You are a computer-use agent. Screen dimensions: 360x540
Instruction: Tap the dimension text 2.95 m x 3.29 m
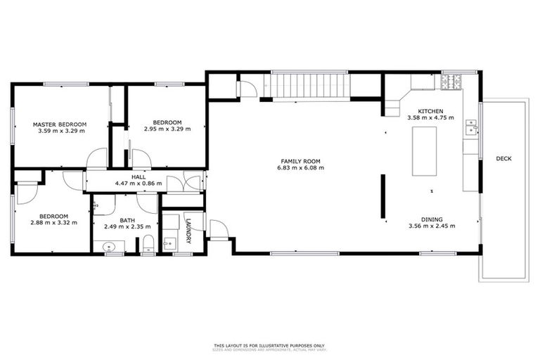point(167,129)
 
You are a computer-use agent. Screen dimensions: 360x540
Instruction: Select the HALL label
point(139,176)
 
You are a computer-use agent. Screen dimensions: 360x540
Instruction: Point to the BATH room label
point(127,220)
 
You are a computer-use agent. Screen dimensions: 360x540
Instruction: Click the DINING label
point(432,219)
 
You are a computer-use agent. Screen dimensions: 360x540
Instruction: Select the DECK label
point(503,159)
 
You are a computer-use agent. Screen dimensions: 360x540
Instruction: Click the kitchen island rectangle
point(424,153)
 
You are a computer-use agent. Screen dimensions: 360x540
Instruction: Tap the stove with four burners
point(451,82)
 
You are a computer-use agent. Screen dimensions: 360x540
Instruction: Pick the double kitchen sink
point(470,127)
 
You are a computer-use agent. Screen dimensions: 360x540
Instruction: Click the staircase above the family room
point(310,86)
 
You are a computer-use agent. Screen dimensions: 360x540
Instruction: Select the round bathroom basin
point(108,247)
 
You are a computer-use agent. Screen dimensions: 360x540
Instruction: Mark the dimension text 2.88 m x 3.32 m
point(53,223)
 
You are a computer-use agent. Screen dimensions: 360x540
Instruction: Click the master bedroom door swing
point(96,159)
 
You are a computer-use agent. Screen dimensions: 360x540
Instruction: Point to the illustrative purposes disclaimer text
point(270,345)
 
